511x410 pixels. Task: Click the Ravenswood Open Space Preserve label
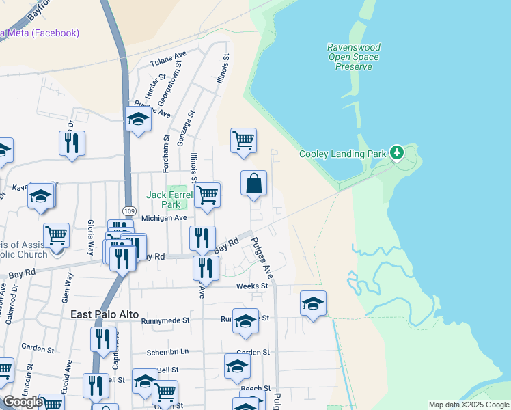(353, 57)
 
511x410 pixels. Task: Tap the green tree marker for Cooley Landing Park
(396, 152)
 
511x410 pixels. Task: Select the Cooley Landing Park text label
(342, 154)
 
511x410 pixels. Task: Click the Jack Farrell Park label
(164, 200)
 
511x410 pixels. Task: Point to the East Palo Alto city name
(104, 314)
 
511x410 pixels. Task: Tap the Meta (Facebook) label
(41, 33)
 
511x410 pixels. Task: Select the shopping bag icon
(253, 183)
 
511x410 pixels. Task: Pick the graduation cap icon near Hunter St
(138, 119)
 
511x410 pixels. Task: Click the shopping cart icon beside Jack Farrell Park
(207, 194)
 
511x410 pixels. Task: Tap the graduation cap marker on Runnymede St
(245, 320)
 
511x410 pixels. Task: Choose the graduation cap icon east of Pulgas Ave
(313, 303)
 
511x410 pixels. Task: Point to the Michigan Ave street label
(164, 218)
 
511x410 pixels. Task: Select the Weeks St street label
(252, 286)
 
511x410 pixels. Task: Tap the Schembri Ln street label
(167, 352)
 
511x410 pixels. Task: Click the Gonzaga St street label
(182, 128)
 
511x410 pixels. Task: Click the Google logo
(23, 402)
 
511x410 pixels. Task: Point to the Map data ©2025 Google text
(469, 405)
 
